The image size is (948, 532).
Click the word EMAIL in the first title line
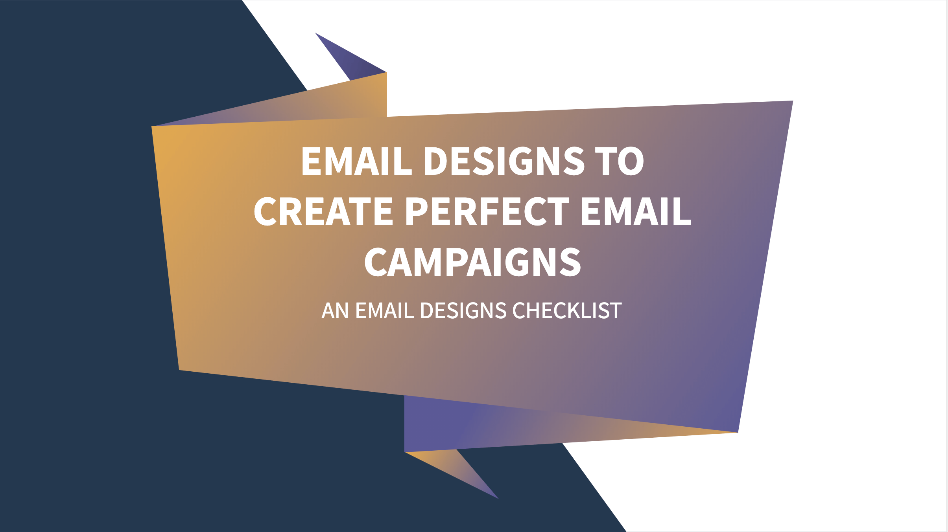coord(356,161)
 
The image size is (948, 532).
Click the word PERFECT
coord(487,212)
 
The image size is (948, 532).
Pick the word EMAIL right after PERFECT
coord(636,212)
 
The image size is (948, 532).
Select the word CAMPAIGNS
coord(472,262)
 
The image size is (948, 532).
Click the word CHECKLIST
coord(567,311)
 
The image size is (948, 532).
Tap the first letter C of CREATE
coord(266,212)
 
